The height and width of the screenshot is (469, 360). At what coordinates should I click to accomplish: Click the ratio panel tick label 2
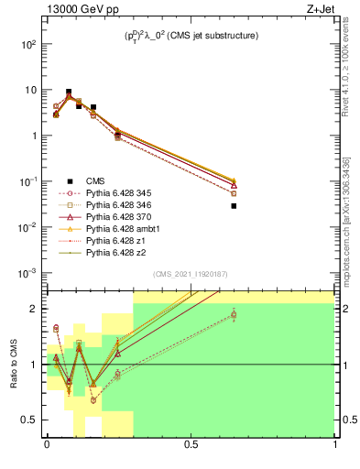[36, 309]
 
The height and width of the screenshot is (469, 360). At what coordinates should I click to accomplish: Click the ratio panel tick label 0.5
[32, 420]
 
